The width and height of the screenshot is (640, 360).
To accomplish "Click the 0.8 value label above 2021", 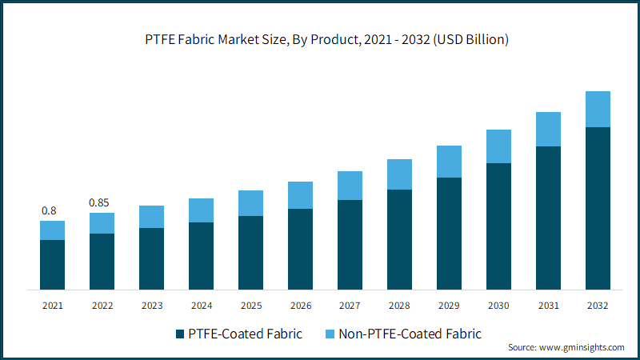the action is coord(49,210).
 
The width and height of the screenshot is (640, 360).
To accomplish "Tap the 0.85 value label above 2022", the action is coord(98,202).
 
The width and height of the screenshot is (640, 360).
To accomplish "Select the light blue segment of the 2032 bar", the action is coord(598,109).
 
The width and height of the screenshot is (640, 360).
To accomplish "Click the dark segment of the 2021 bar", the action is coord(52,265).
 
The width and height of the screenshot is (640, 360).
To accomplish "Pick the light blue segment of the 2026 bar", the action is coord(301,195).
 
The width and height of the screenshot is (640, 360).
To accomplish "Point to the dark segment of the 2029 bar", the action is coord(449,234).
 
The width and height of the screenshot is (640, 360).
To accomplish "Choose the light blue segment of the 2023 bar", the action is coord(151,217).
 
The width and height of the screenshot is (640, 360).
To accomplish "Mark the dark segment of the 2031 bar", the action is coord(548,218).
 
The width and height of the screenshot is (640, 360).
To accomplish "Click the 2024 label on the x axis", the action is coord(202,306).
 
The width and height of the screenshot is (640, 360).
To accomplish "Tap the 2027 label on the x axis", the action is coord(350,306).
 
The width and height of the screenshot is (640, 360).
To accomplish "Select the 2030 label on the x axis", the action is coord(498,306).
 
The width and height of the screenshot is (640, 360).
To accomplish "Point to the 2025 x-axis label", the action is coord(251,306).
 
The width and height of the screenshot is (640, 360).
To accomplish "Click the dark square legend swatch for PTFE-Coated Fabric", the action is coord(180,334).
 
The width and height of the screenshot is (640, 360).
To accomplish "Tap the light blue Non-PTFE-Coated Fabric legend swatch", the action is coord(330,334).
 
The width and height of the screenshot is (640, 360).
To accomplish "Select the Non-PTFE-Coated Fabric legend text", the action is coord(410,334).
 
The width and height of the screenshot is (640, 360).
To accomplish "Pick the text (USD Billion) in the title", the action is coord(470,39).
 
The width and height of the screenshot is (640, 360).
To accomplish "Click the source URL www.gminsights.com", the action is coord(582,347).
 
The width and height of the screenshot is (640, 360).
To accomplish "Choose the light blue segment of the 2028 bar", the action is coord(399,174).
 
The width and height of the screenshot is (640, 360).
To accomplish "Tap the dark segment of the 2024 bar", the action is coord(202,256).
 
